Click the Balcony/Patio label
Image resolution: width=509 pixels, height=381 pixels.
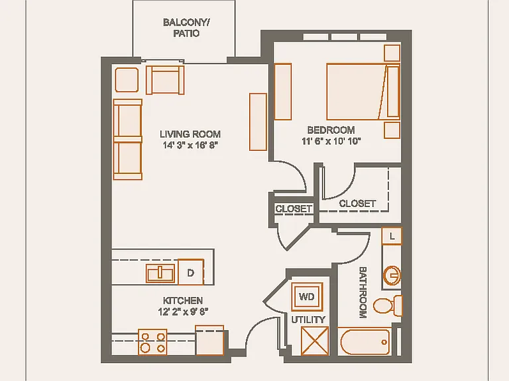(x=186, y=28)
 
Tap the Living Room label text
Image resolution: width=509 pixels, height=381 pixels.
(x=190, y=134)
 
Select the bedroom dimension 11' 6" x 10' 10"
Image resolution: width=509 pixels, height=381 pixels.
(x=331, y=142)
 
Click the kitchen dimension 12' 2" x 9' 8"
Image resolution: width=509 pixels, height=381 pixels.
(x=183, y=312)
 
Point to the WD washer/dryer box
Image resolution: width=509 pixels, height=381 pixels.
(x=307, y=296)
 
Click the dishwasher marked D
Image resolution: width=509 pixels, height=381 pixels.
(x=191, y=272)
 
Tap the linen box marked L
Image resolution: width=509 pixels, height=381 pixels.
(x=392, y=236)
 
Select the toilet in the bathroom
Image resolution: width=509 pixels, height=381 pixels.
(x=388, y=306)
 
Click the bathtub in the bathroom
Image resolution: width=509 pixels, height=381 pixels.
(x=365, y=342)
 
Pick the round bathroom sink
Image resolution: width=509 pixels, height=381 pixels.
(x=392, y=276)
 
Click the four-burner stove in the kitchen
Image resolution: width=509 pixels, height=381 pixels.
(x=152, y=342)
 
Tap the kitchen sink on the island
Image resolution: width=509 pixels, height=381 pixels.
(x=160, y=273)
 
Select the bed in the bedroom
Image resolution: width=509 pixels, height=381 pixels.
(x=363, y=92)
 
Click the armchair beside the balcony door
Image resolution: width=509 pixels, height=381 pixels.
(x=165, y=80)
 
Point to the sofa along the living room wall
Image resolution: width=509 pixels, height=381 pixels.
(x=128, y=140)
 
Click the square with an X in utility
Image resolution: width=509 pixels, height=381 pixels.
(x=315, y=341)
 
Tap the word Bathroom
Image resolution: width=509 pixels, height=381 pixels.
(x=363, y=292)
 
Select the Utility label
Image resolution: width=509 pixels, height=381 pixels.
(x=308, y=319)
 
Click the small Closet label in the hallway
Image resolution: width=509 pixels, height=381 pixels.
(x=294, y=208)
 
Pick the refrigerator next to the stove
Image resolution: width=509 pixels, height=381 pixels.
(x=209, y=340)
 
